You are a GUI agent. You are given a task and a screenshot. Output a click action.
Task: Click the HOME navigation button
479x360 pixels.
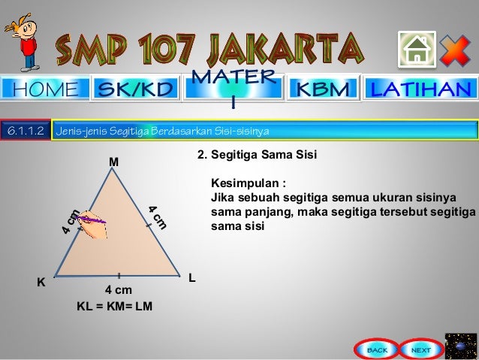[46, 89]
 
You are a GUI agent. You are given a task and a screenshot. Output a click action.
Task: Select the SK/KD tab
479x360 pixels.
[136, 89]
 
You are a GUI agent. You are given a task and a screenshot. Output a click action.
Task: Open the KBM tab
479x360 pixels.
[324, 89]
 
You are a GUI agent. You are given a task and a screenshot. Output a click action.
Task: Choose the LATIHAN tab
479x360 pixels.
[421, 89]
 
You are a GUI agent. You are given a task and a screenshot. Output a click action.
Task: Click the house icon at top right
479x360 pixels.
[417, 50]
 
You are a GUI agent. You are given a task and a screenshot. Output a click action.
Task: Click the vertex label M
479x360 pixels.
[114, 162]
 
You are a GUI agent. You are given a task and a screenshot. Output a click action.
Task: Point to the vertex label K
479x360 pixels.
[41, 282]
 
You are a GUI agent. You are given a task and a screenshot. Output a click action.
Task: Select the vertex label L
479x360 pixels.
[192, 278]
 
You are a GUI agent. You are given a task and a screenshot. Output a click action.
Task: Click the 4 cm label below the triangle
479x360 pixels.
[119, 289]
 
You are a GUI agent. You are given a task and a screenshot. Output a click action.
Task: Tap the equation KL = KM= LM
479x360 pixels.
[114, 306]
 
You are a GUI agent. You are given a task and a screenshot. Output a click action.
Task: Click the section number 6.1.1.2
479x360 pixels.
[25, 131]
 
